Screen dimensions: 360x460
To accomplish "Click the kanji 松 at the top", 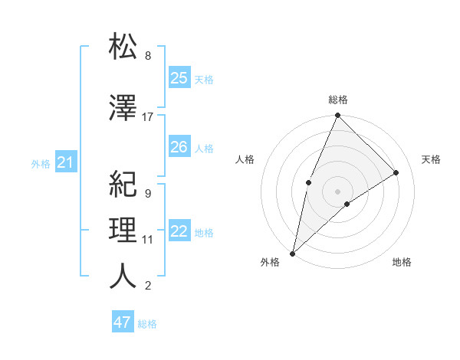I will coord(123,47).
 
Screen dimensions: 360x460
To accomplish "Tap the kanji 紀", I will coord(123,184).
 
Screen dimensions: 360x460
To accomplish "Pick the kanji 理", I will coord(123,230).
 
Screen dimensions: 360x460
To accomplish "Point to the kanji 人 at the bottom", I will coord(123,277).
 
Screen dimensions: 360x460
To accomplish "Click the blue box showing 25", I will coord(179,78).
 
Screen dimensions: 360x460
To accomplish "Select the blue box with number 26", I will coord(179,147).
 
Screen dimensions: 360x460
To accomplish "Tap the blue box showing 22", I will coord(179,232).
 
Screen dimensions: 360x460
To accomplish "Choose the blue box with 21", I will coord(65,162).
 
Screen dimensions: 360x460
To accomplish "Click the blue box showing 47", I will coord(123,322).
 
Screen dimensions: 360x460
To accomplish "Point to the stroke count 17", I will coord(148,117).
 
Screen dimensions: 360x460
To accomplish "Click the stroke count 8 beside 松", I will coord(148,56).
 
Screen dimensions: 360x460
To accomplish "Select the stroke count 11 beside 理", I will coord(148,240).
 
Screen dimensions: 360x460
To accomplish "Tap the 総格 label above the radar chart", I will coord(337,100).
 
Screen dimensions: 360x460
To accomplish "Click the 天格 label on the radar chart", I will coord(432,159).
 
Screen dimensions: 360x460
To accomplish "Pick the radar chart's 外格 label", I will coord(270,263).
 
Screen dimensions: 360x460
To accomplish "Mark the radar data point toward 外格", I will coord(292,253).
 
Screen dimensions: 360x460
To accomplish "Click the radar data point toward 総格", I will coord(337,116).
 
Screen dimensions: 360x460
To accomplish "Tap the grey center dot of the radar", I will coord(337,191).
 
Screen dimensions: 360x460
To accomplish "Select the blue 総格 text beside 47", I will coord(147,324).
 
